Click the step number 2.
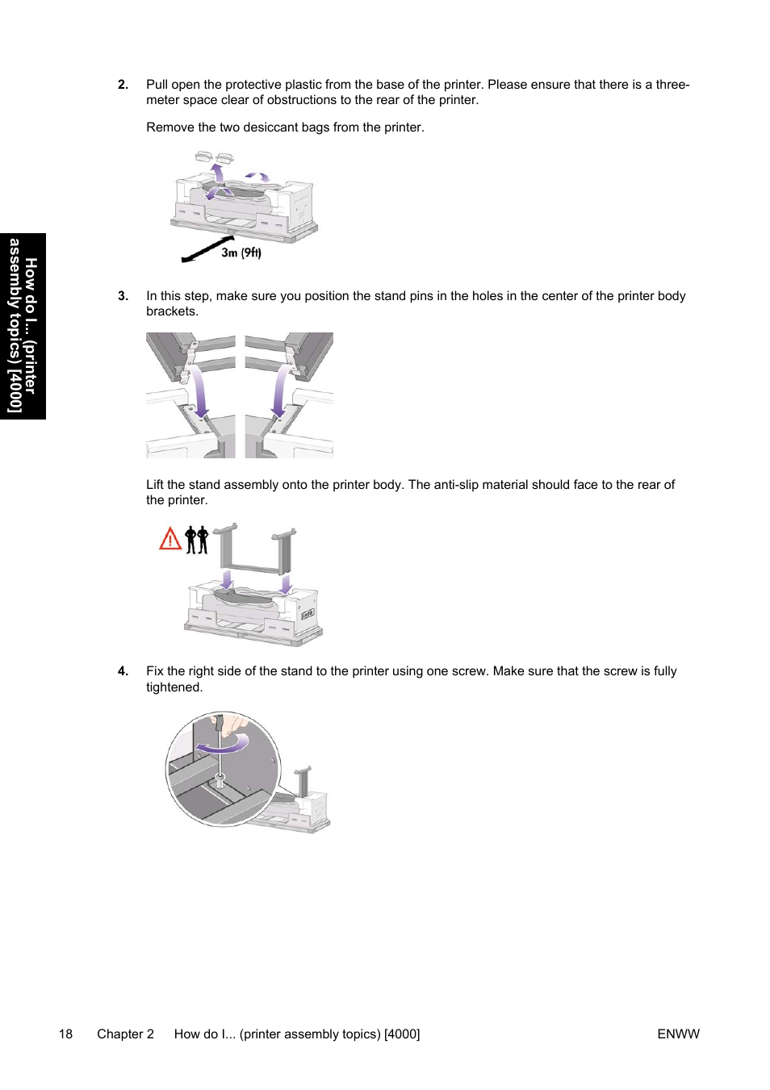[x=123, y=85]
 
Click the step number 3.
[x=123, y=296]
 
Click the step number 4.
[x=123, y=671]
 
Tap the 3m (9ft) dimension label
[x=241, y=253]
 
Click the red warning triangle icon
[x=170, y=539]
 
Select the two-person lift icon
[x=197, y=540]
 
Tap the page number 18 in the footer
[x=65, y=1034]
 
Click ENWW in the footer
[x=678, y=1034]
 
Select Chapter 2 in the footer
[x=125, y=1034]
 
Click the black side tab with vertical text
[x=23, y=326]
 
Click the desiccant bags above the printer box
[x=214, y=157]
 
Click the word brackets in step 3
[x=170, y=311]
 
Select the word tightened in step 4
[x=174, y=687]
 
